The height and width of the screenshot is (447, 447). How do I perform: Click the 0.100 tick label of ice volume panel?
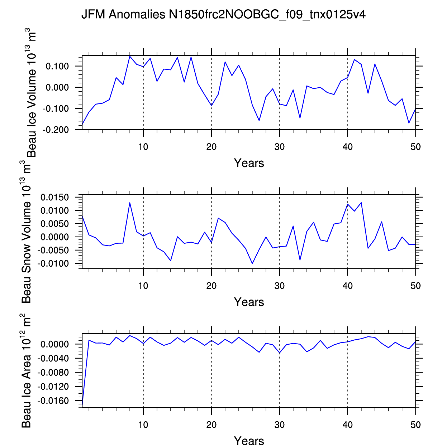[57, 66]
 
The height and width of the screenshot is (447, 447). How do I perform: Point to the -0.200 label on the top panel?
[56, 130]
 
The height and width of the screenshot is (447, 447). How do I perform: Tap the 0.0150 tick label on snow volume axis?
[54, 198]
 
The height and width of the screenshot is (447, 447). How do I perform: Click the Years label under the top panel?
[249, 163]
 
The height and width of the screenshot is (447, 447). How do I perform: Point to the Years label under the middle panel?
[249, 302]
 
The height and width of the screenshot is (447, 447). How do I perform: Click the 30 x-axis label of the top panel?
[279, 147]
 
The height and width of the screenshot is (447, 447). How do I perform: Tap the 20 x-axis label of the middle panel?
[211, 286]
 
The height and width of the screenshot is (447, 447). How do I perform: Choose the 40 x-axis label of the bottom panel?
[347, 424]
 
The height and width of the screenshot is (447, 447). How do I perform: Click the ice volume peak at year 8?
[130, 56]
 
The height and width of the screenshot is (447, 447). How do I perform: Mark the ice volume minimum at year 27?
[259, 120]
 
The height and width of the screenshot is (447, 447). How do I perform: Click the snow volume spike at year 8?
[130, 203]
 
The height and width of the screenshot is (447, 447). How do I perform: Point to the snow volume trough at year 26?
[252, 263]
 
